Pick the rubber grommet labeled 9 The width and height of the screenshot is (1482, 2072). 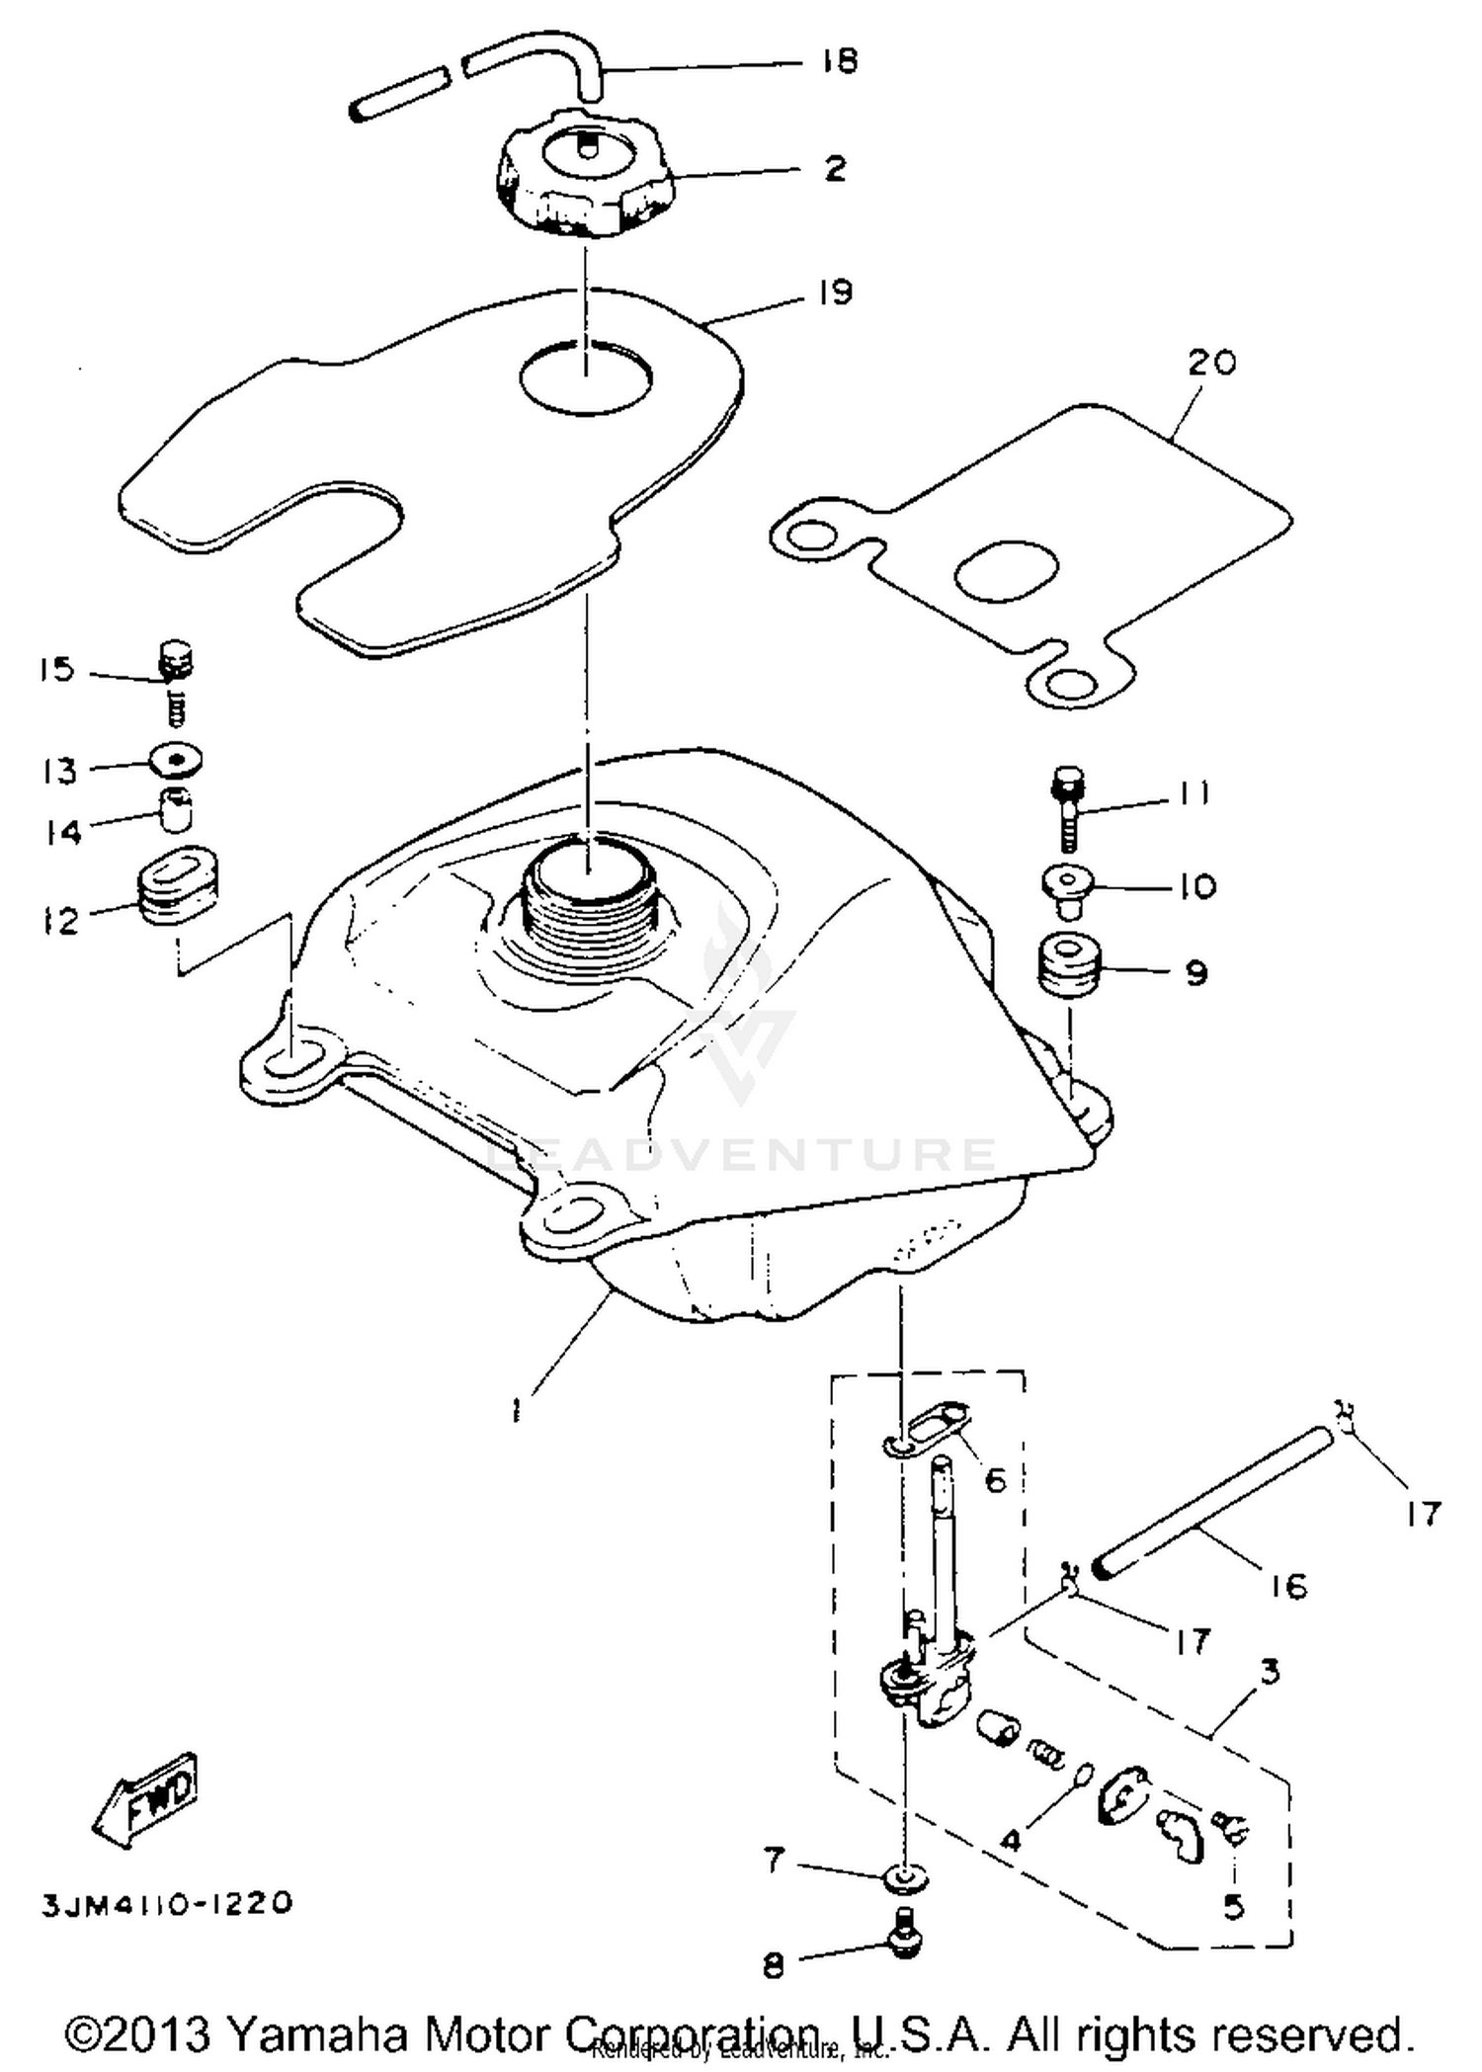click(1068, 968)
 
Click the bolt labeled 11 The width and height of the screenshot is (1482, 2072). click(1068, 809)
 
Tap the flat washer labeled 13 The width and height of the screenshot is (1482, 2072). click(177, 762)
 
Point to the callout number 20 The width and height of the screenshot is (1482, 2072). click(1211, 363)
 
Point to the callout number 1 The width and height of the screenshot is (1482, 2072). click(516, 1411)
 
